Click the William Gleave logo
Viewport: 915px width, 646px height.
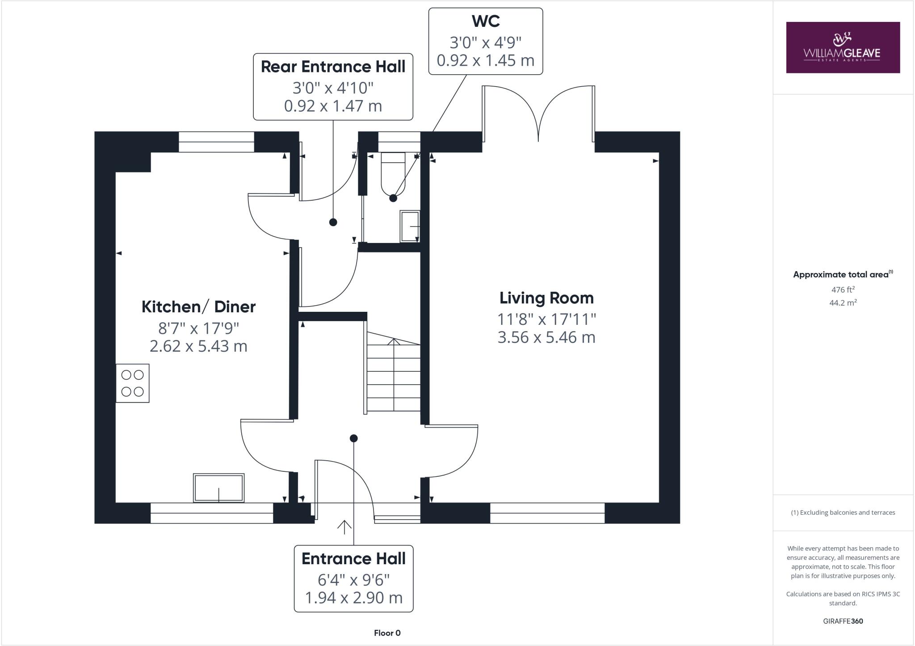(x=843, y=47)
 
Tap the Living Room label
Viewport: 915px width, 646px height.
(x=546, y=298)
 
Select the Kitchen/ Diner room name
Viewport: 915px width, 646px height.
(x=198, y=307)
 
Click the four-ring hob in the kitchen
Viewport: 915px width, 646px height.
(x=133, y=383)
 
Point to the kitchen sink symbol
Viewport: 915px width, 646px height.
(x=219, y=487)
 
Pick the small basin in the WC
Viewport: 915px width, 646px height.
(x=410, y=226)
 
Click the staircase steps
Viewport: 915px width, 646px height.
(x=394, y=371)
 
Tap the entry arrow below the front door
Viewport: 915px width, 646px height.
(x=344, y=527)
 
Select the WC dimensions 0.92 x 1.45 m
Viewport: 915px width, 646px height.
(x=486, y=60)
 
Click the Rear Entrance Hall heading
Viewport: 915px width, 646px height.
(x=333, y=67)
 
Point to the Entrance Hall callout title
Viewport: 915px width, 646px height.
(x=353, y=558)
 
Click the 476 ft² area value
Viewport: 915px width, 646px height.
(x=843, y=289)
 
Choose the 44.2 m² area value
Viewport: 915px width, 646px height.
(x=843, y=302)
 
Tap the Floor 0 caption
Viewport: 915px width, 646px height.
(x=387, y=633)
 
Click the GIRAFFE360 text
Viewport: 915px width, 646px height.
(x=843, y=621)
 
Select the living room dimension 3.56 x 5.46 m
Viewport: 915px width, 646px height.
(x=546, y=337)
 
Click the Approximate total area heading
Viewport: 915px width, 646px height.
(x=843, y=275)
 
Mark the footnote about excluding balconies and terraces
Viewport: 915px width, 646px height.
(x=843, y=512)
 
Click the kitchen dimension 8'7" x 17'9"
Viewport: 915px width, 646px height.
(x=198, y=328)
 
